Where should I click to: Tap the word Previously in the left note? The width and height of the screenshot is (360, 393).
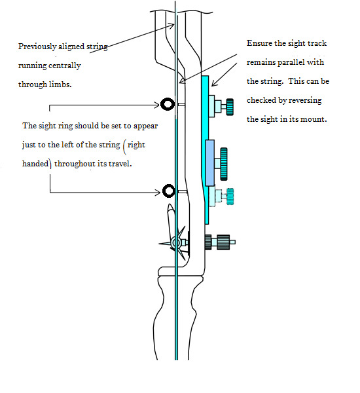click(37, 47)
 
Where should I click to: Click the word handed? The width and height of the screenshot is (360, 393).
click(35, 164)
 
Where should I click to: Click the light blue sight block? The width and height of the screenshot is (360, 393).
click(210, 163)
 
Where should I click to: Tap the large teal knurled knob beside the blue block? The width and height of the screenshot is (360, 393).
click(224, 164)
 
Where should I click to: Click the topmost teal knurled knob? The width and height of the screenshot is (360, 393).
click(230, 107)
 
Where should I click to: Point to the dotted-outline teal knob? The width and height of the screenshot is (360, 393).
click(230, 196)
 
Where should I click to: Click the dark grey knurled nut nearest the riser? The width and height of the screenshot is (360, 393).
click(208, 242)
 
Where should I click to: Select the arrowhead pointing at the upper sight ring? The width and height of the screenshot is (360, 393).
click(157, 105)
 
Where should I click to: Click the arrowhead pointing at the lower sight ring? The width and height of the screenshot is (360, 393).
click(158, 193)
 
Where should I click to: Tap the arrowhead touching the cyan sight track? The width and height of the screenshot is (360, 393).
click(214, 83)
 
